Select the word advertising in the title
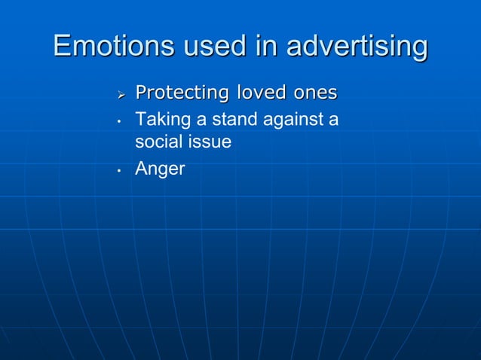[354, 47]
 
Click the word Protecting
[182, 93]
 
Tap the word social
[156, 142]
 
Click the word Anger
[160, 169]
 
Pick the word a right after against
[333, 119]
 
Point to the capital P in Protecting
[139, 93]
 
